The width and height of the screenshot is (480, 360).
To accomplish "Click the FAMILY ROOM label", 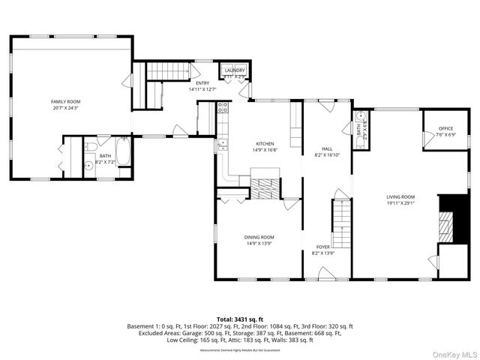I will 65,101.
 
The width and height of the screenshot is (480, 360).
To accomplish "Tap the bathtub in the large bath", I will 124,155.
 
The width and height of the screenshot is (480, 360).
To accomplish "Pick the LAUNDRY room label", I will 235,70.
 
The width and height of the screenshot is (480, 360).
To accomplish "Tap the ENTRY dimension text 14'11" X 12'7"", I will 202,89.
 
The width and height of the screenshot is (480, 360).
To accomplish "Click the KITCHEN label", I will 265,144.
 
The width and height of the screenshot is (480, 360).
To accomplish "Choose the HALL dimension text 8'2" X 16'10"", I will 327,155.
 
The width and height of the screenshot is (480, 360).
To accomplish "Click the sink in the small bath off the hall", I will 361,115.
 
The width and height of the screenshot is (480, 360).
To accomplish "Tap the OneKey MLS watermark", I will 454,353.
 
